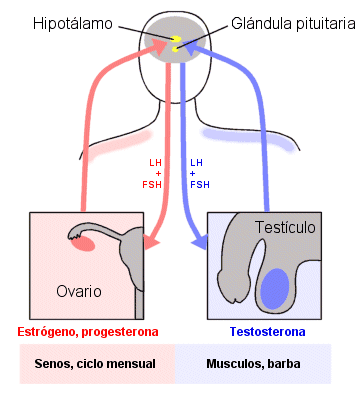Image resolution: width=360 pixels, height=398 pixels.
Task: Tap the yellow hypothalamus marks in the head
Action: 175,43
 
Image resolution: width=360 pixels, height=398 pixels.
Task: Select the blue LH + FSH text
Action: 200,171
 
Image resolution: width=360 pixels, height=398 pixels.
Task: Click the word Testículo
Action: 285,227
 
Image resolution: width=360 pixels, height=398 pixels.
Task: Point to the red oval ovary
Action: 83,242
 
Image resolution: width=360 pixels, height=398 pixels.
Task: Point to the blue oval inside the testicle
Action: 272,287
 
